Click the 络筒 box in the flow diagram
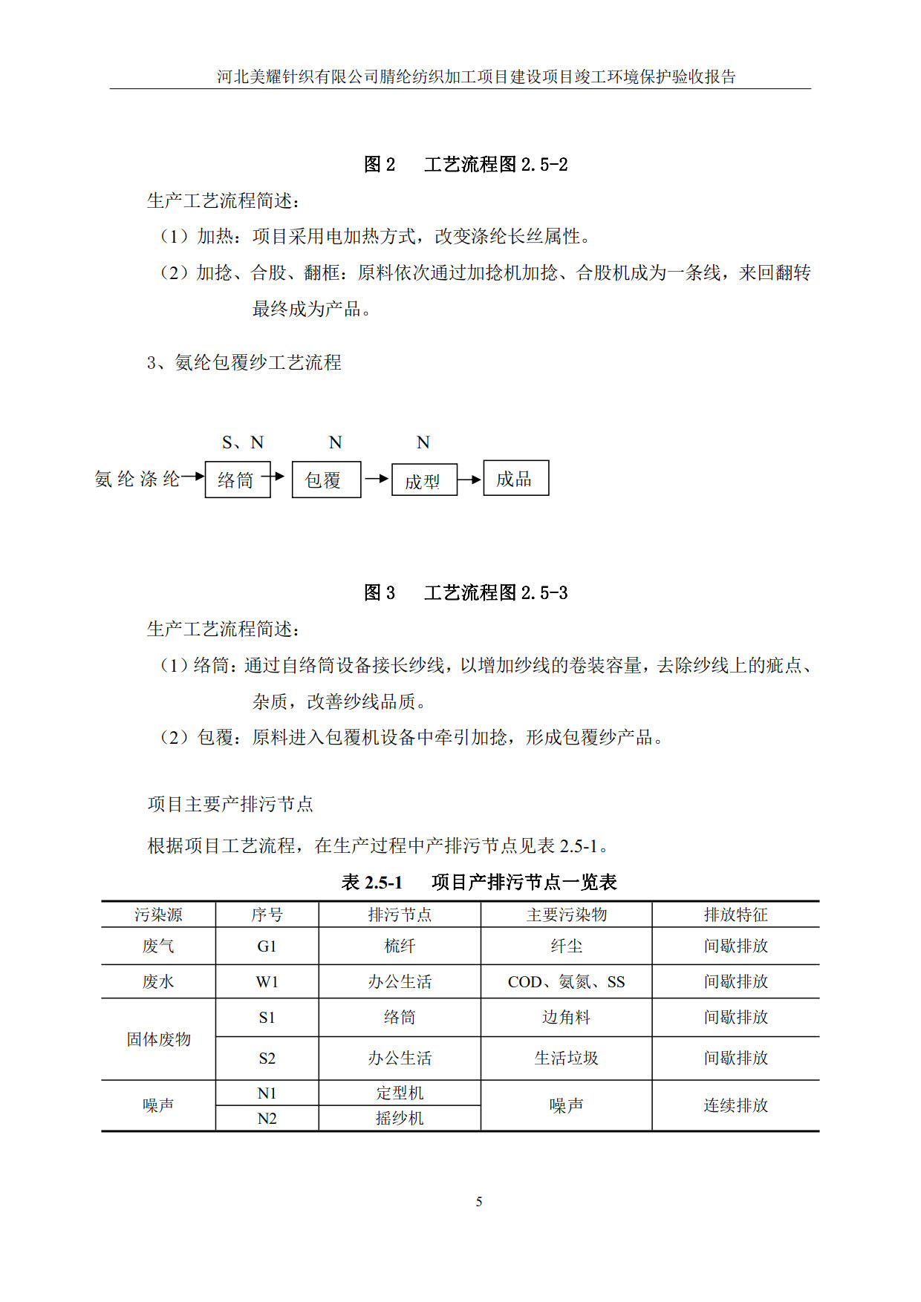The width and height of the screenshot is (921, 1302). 238,480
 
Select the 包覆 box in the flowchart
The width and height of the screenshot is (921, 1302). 326,480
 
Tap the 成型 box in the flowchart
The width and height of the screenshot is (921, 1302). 423,480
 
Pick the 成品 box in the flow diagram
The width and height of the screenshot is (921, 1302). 515,478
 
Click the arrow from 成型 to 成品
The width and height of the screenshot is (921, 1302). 469,480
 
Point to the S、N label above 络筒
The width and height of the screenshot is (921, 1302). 243,442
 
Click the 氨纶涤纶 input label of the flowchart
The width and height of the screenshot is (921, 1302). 137,479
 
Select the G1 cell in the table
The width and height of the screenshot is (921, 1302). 267,946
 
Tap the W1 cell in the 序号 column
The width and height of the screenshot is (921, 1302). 267,982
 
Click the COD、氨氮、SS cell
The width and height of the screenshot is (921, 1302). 566,982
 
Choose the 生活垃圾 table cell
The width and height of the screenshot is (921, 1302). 566,1059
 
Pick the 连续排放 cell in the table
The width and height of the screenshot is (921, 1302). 735,1105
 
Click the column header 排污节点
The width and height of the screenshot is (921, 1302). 400,915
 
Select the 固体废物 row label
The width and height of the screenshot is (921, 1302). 158,1039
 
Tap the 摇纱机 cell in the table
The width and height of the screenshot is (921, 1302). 400,1119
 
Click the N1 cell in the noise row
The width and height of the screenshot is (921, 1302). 267,1093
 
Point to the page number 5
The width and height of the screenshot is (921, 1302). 479,1202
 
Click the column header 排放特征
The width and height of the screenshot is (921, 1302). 735,915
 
